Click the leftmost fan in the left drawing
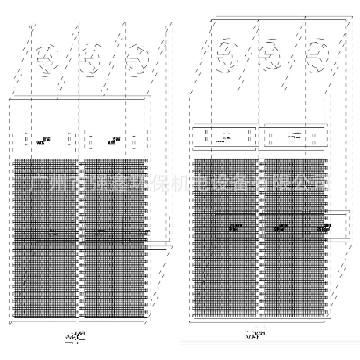(x=47, y=58)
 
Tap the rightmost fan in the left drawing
(x=136, y=58)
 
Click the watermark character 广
(x=39, y=182)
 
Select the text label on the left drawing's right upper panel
(x=114, y=141)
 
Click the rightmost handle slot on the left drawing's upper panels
(x=134, y=140)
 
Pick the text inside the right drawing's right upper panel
(x=295, y=137)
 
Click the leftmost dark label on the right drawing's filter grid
(x=235, y=227)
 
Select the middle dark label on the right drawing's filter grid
(x=281, y=227)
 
